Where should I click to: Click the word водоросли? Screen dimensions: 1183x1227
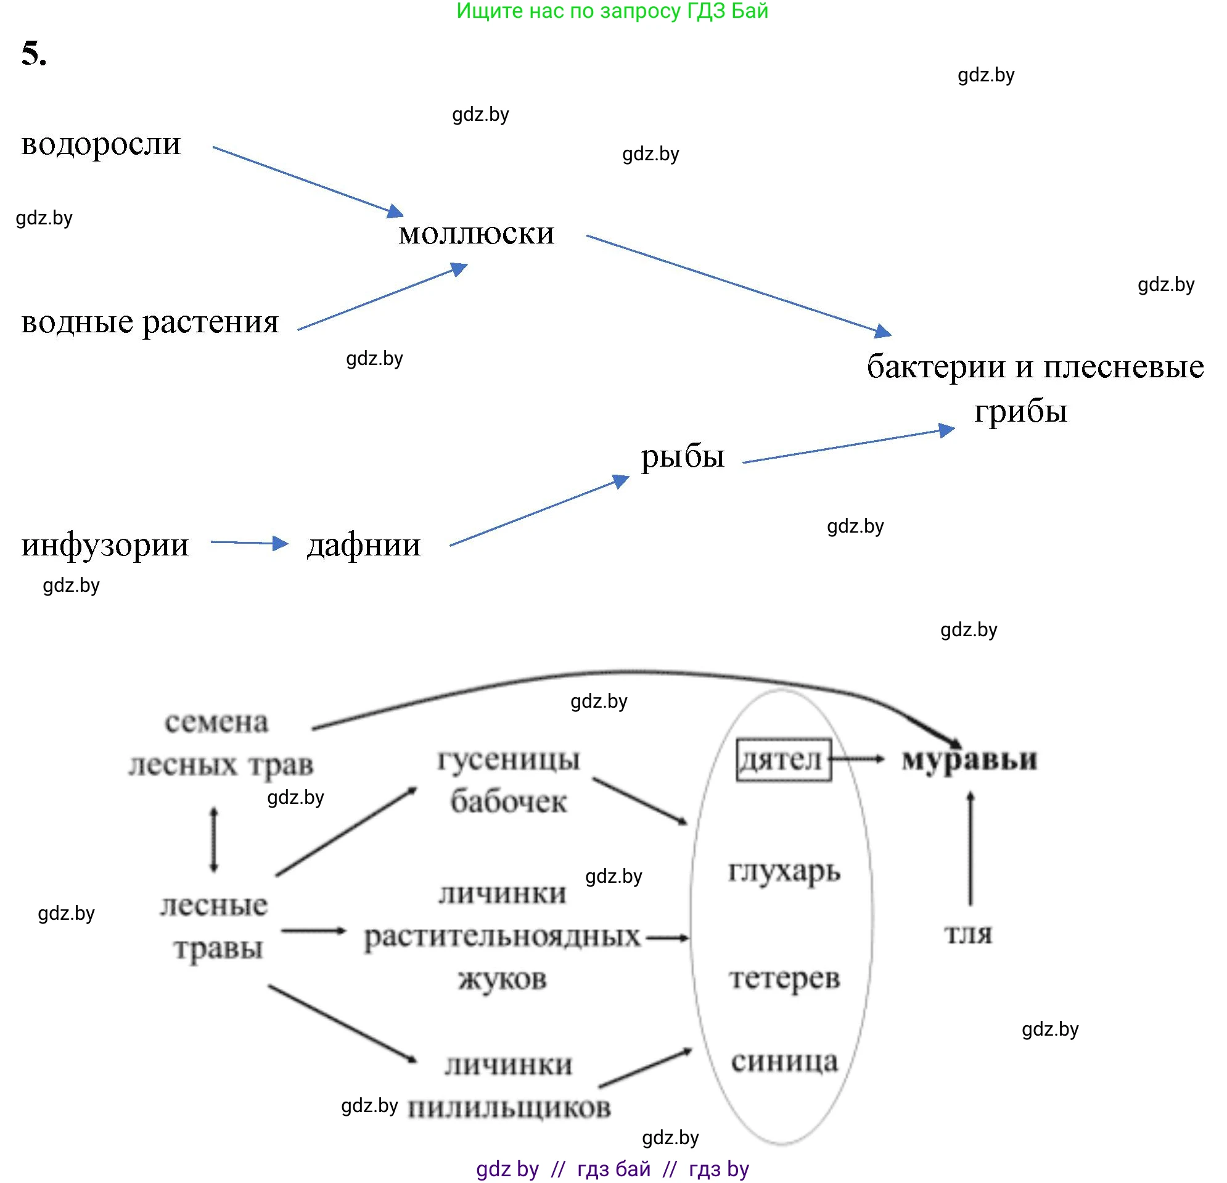(101, 144)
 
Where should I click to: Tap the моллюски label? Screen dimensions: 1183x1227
(477, 234)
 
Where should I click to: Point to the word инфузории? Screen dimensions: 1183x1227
(105, 545)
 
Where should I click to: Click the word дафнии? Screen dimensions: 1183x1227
(364, 545)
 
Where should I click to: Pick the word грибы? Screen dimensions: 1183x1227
(1020, 412)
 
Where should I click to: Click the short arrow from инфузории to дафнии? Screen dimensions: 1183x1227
(249, 542)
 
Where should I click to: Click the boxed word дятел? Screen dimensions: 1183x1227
(783, 760)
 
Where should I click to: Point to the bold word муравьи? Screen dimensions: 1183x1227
(969, 760)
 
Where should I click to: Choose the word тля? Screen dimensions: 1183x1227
(968, 934)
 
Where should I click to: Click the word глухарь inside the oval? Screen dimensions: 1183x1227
(784, 871)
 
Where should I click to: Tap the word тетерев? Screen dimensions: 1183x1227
(784, 978)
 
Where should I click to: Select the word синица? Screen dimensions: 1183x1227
(784, 1062)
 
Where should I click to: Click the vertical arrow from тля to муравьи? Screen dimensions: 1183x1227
(971, 849)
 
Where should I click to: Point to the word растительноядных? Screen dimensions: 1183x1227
(502, 937)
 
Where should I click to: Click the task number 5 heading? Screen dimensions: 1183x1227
(34, 53)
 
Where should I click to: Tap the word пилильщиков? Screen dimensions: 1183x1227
(509, 1108)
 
